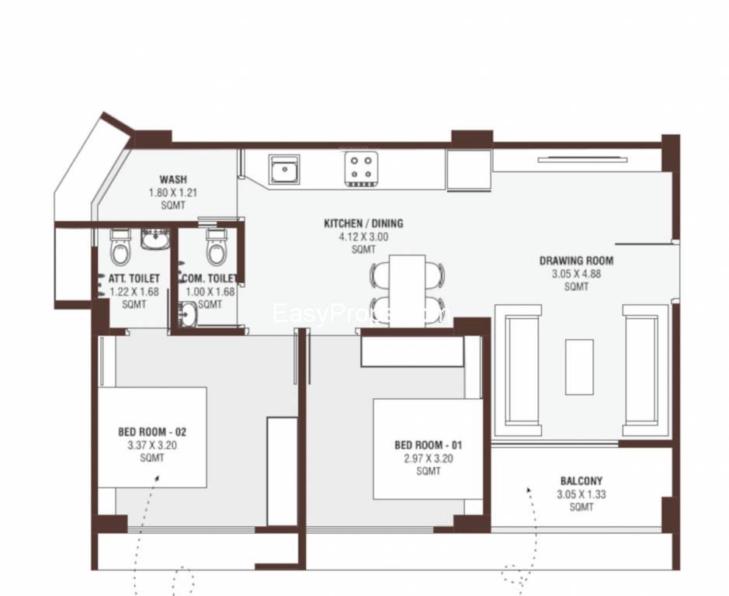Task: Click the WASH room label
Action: point(172,179)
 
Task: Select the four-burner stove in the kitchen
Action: point(359,169)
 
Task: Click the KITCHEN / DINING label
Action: point(363,223)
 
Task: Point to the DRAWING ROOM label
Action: point(576,261)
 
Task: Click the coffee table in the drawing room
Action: point(578,366)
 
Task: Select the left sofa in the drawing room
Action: point(522,370)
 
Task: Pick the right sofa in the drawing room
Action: point(644,370)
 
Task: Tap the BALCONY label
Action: point(581,481)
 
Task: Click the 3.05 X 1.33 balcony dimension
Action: point(581,494)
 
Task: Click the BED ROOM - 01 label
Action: point(429,445)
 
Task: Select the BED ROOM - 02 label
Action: point(152,432)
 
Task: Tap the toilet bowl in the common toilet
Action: point(216,248)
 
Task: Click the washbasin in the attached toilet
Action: point(154,240)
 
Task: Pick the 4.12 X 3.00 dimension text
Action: point(363,237)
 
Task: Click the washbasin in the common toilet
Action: point(187,315)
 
